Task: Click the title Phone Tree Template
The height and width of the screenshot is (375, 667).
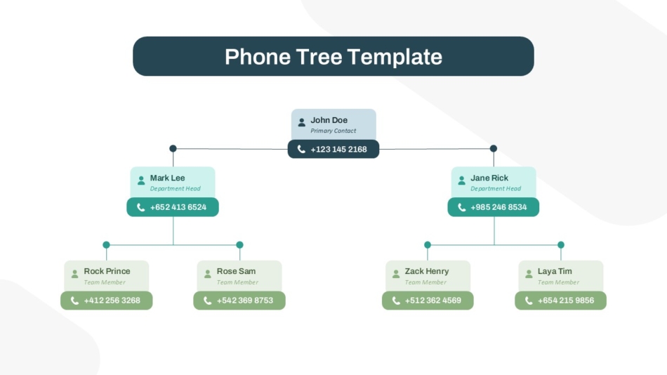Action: [333, 57]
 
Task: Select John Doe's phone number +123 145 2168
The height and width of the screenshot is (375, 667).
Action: [338, 150]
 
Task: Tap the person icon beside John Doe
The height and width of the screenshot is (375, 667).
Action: [302, 123]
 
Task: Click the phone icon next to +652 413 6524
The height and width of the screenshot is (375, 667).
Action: [141, 207]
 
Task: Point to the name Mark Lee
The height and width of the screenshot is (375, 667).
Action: [167, 178]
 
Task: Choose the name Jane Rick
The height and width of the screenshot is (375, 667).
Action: [489, 178]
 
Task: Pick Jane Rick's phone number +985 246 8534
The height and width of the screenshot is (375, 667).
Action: [498, 207]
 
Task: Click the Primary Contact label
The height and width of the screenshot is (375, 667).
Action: [333, 131]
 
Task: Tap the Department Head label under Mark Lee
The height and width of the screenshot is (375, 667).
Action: [175, 189]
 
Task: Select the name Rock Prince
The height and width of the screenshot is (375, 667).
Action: [107, 271]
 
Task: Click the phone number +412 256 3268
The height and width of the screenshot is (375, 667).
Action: [112, 301]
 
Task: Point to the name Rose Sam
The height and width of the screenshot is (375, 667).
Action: [236, 271]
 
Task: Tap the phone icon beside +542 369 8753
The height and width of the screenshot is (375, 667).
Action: [208, 301]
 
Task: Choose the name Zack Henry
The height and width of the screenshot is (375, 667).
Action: [427, 271]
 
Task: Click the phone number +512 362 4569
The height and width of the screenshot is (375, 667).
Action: [432, 301]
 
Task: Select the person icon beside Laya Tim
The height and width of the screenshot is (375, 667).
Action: [529, 274]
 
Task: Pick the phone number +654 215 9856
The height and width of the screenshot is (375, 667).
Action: [566, 301]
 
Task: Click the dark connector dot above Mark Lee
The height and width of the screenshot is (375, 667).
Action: [173, 149]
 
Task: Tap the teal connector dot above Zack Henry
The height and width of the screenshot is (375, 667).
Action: [428, 245]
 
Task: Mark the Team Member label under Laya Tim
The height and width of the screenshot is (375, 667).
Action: [558, 282]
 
